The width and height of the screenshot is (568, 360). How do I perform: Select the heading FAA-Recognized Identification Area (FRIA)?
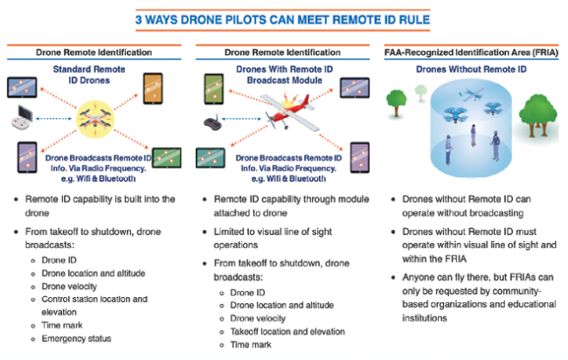[474, 54]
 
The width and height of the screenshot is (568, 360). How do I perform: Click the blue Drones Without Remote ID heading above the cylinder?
[474, 70]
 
